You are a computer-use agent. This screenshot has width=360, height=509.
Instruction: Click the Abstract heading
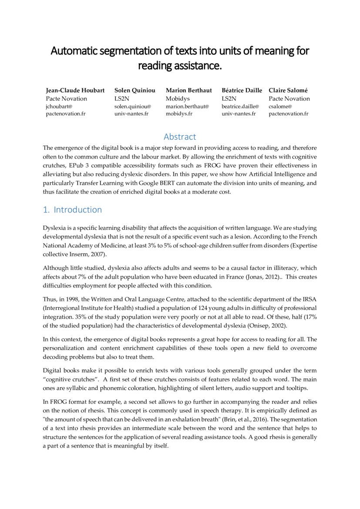180,137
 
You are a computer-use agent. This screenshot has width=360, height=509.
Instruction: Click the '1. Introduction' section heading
72,210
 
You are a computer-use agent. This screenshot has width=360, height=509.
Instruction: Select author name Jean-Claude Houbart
75,91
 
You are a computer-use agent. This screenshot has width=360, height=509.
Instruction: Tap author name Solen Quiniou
135,91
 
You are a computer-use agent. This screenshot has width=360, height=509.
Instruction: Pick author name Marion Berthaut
188,91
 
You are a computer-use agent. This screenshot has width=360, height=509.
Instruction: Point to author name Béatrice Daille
242,91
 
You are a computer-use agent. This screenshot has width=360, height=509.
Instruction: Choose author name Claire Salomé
288,91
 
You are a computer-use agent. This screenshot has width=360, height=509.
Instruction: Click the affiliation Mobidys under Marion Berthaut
178,99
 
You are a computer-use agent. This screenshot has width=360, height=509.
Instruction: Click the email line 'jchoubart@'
59,106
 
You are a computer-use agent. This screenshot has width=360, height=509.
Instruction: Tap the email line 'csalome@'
280,106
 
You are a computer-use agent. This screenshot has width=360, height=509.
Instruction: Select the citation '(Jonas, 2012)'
260,277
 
